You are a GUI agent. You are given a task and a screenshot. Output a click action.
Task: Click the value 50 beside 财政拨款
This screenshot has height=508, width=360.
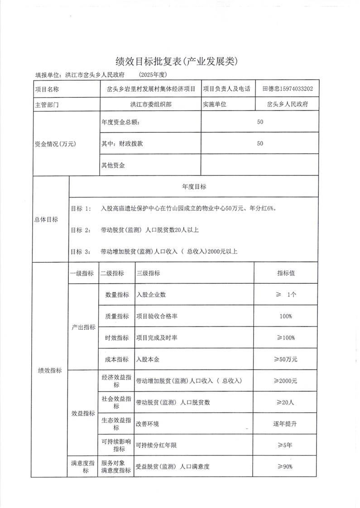tap(259, 143)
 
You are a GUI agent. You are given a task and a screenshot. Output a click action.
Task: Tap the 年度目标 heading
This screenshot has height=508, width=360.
tap(194, 186)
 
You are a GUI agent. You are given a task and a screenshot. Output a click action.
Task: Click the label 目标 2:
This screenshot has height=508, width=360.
tap(81, 230)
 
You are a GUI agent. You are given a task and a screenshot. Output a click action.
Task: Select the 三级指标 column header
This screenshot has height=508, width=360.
tap(148, 273)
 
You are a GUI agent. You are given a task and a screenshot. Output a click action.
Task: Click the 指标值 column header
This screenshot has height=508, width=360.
tap(286, 273)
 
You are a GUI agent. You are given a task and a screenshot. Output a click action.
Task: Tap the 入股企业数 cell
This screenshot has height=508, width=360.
tap(151, 295)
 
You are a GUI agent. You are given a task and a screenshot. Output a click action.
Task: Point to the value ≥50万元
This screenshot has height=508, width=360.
tap(285, 359)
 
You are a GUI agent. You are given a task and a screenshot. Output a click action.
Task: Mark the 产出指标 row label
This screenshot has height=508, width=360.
tap(83, 327)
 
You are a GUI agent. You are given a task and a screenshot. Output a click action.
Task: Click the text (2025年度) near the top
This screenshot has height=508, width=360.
tap(154, 74)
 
